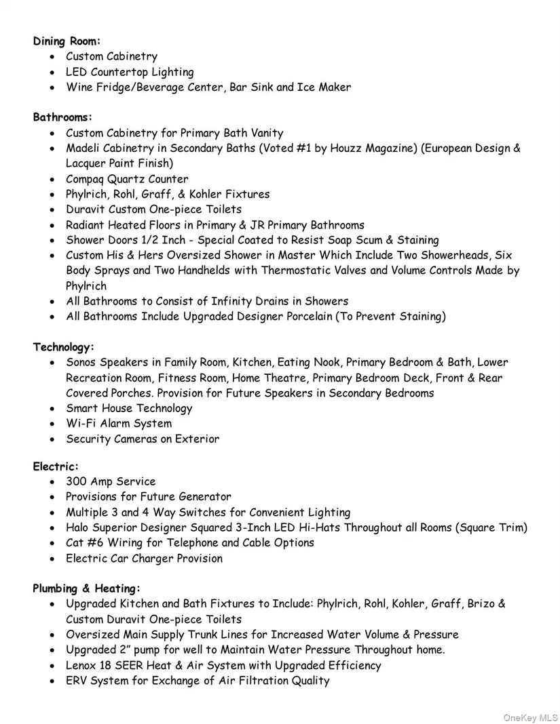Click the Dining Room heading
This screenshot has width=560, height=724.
[67, 41]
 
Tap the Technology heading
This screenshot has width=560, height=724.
[64, 347]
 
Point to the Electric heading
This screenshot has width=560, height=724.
[56, 466]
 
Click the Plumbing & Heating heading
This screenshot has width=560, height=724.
[87, 588]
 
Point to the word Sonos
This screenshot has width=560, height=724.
[81, 363]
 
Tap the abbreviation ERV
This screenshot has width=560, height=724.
[77, 681]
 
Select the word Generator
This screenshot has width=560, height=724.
[205, 497]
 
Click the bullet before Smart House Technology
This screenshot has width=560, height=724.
[52, 409]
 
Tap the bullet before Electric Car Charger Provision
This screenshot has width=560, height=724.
[52, 559]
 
